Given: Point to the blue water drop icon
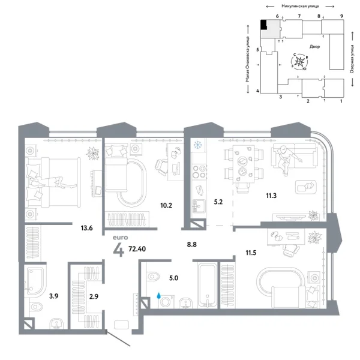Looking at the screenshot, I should tap(158, 295).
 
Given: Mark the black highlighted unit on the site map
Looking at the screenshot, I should tap(264, 25).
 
